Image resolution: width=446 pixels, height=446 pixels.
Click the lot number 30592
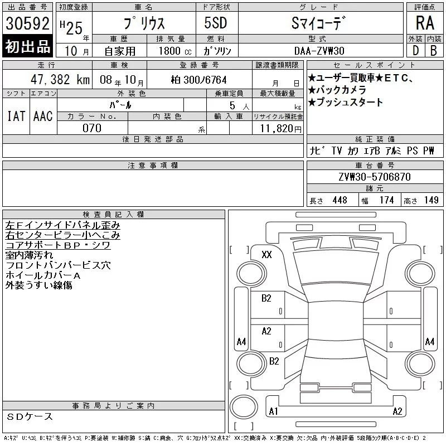(27, 23)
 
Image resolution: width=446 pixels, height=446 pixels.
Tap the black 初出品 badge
(27, 46)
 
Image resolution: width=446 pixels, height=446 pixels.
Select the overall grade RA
(425, 23)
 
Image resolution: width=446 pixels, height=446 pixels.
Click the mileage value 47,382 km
(60, 80)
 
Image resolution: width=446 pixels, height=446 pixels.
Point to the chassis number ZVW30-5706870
(375, 177)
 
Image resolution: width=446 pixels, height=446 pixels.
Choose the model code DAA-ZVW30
(319, 51)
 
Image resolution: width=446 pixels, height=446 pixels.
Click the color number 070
(92, 128)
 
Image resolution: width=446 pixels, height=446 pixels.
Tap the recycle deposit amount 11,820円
(280, 129)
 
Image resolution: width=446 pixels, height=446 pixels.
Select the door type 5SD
(216, 23)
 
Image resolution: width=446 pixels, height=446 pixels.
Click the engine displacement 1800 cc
(175, 51)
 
